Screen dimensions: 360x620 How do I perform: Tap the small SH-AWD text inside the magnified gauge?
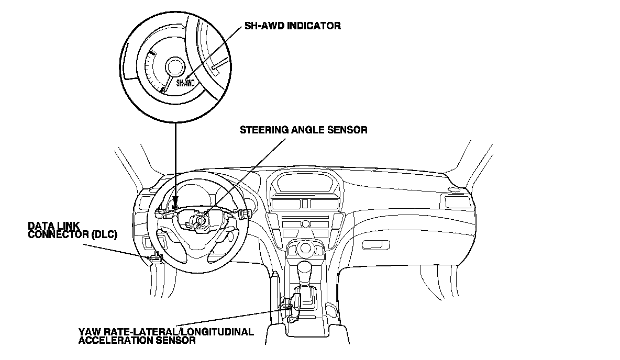[185, 83]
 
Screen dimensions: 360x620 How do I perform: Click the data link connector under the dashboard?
[156, 257]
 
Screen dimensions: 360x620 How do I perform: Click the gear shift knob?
[305, 272]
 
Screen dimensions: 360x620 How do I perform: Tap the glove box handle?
[377, 245]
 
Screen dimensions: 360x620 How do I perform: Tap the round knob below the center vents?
[305, 224]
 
